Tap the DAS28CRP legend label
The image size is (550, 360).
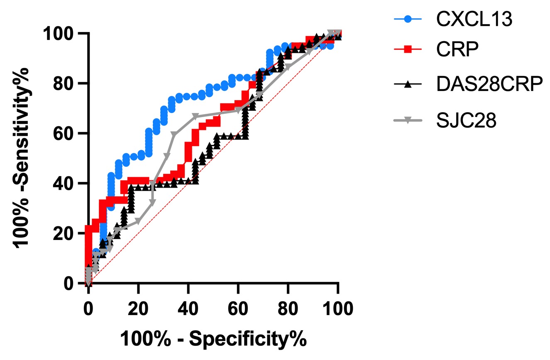[x=489, y=85]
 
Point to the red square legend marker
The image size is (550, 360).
[x=407, y=50]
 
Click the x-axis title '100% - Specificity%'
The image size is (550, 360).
[x=213, y=339]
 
